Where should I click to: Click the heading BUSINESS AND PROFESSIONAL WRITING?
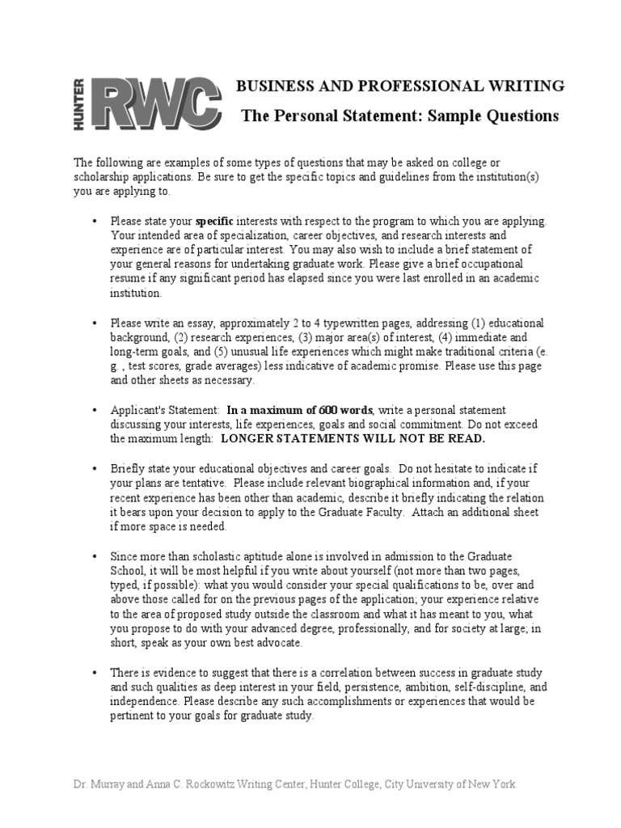coord(399,86)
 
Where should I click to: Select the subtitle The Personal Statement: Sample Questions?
coord(399,116)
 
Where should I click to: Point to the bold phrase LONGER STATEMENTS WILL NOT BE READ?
coord(353,438)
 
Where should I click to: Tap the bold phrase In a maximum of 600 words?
coord(299,410)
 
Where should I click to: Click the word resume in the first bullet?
coord(129,278)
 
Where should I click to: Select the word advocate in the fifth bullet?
coord(275,643)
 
